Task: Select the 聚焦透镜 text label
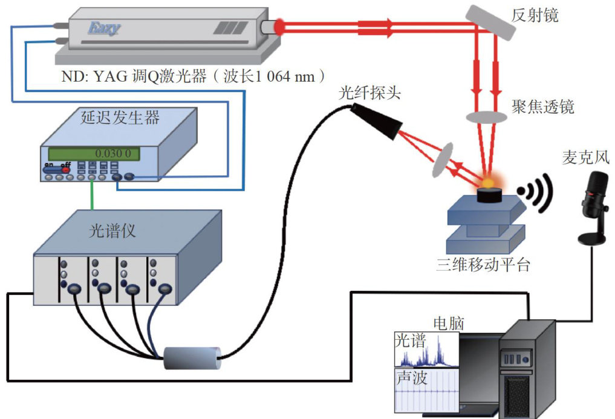point(542,107)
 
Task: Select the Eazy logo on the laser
point(104,28)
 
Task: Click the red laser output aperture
point(280,27)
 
